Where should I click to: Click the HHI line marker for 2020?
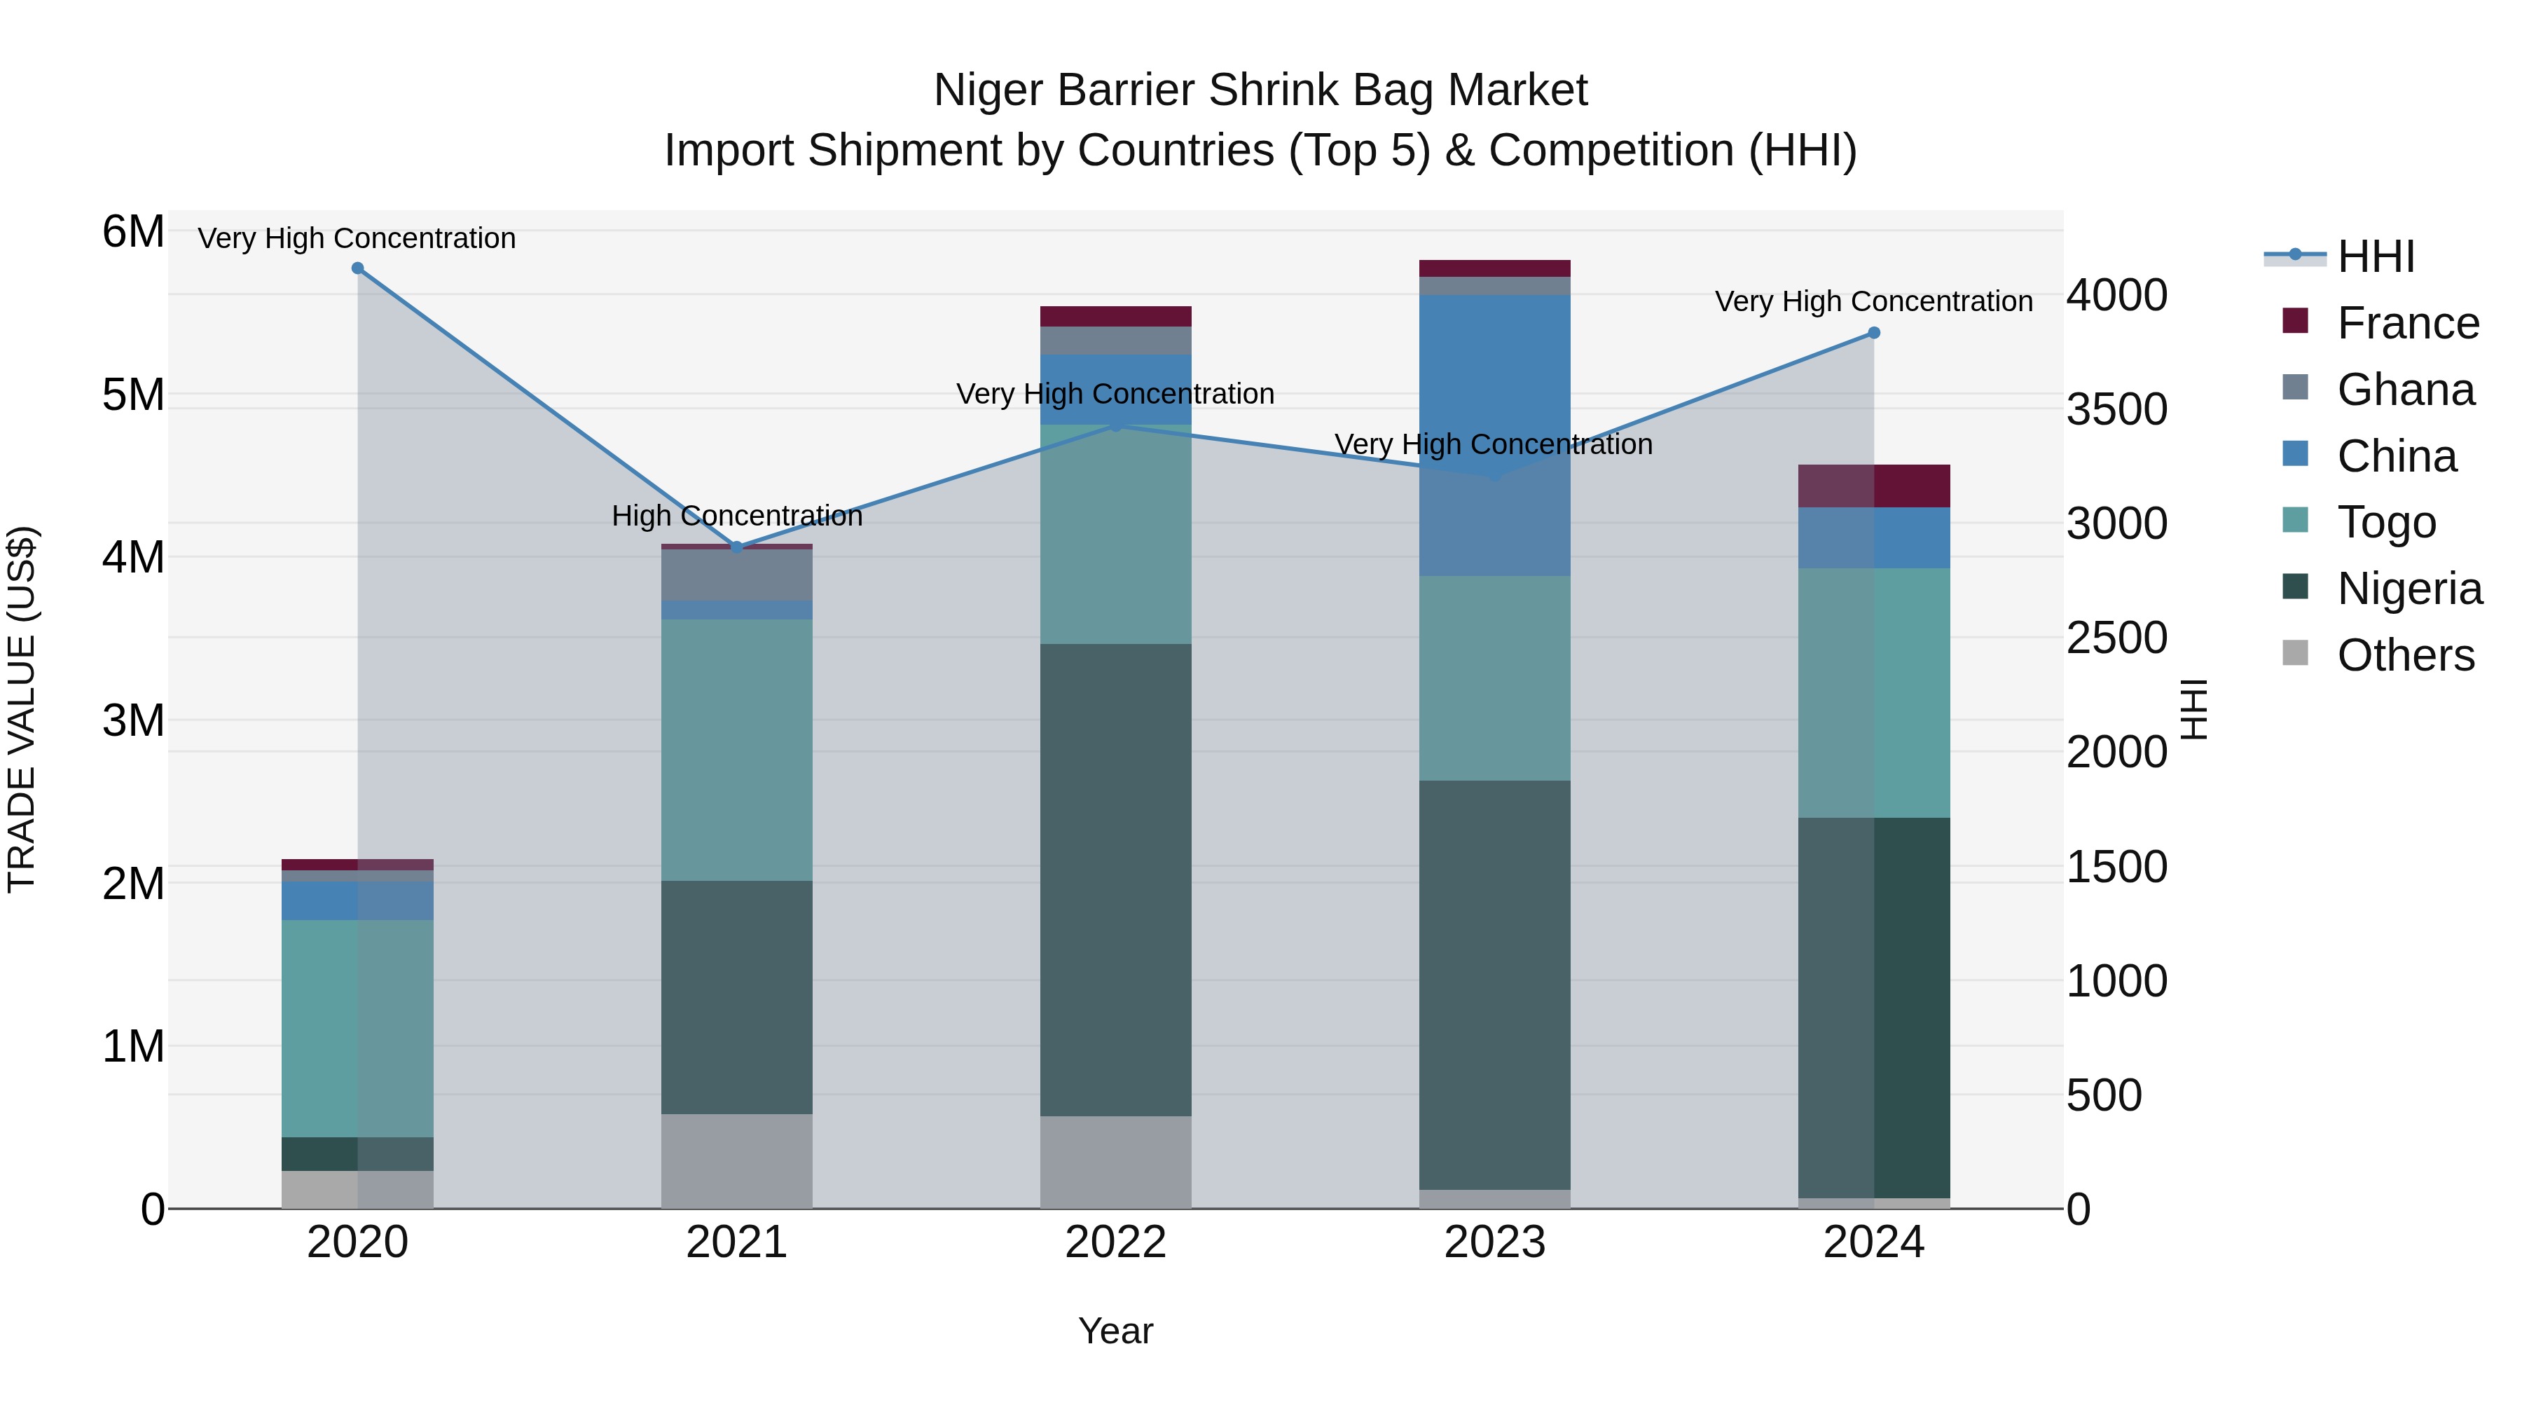point(357,268)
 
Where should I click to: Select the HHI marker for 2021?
point(737,547)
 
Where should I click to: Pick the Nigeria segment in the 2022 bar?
point(1115,879)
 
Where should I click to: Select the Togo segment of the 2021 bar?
point(737,749)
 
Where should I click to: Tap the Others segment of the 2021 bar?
point(737,1160)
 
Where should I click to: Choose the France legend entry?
point(2407,323)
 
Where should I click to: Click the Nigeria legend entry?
point(2409,589)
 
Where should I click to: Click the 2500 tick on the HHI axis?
point(2116,638)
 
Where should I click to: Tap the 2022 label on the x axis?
point(1115,1242)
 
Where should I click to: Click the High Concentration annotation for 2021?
point(737,516)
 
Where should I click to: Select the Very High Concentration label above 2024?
point(1873,301)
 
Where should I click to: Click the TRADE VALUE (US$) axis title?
point(22,709)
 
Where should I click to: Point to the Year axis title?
point(1115,1331)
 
